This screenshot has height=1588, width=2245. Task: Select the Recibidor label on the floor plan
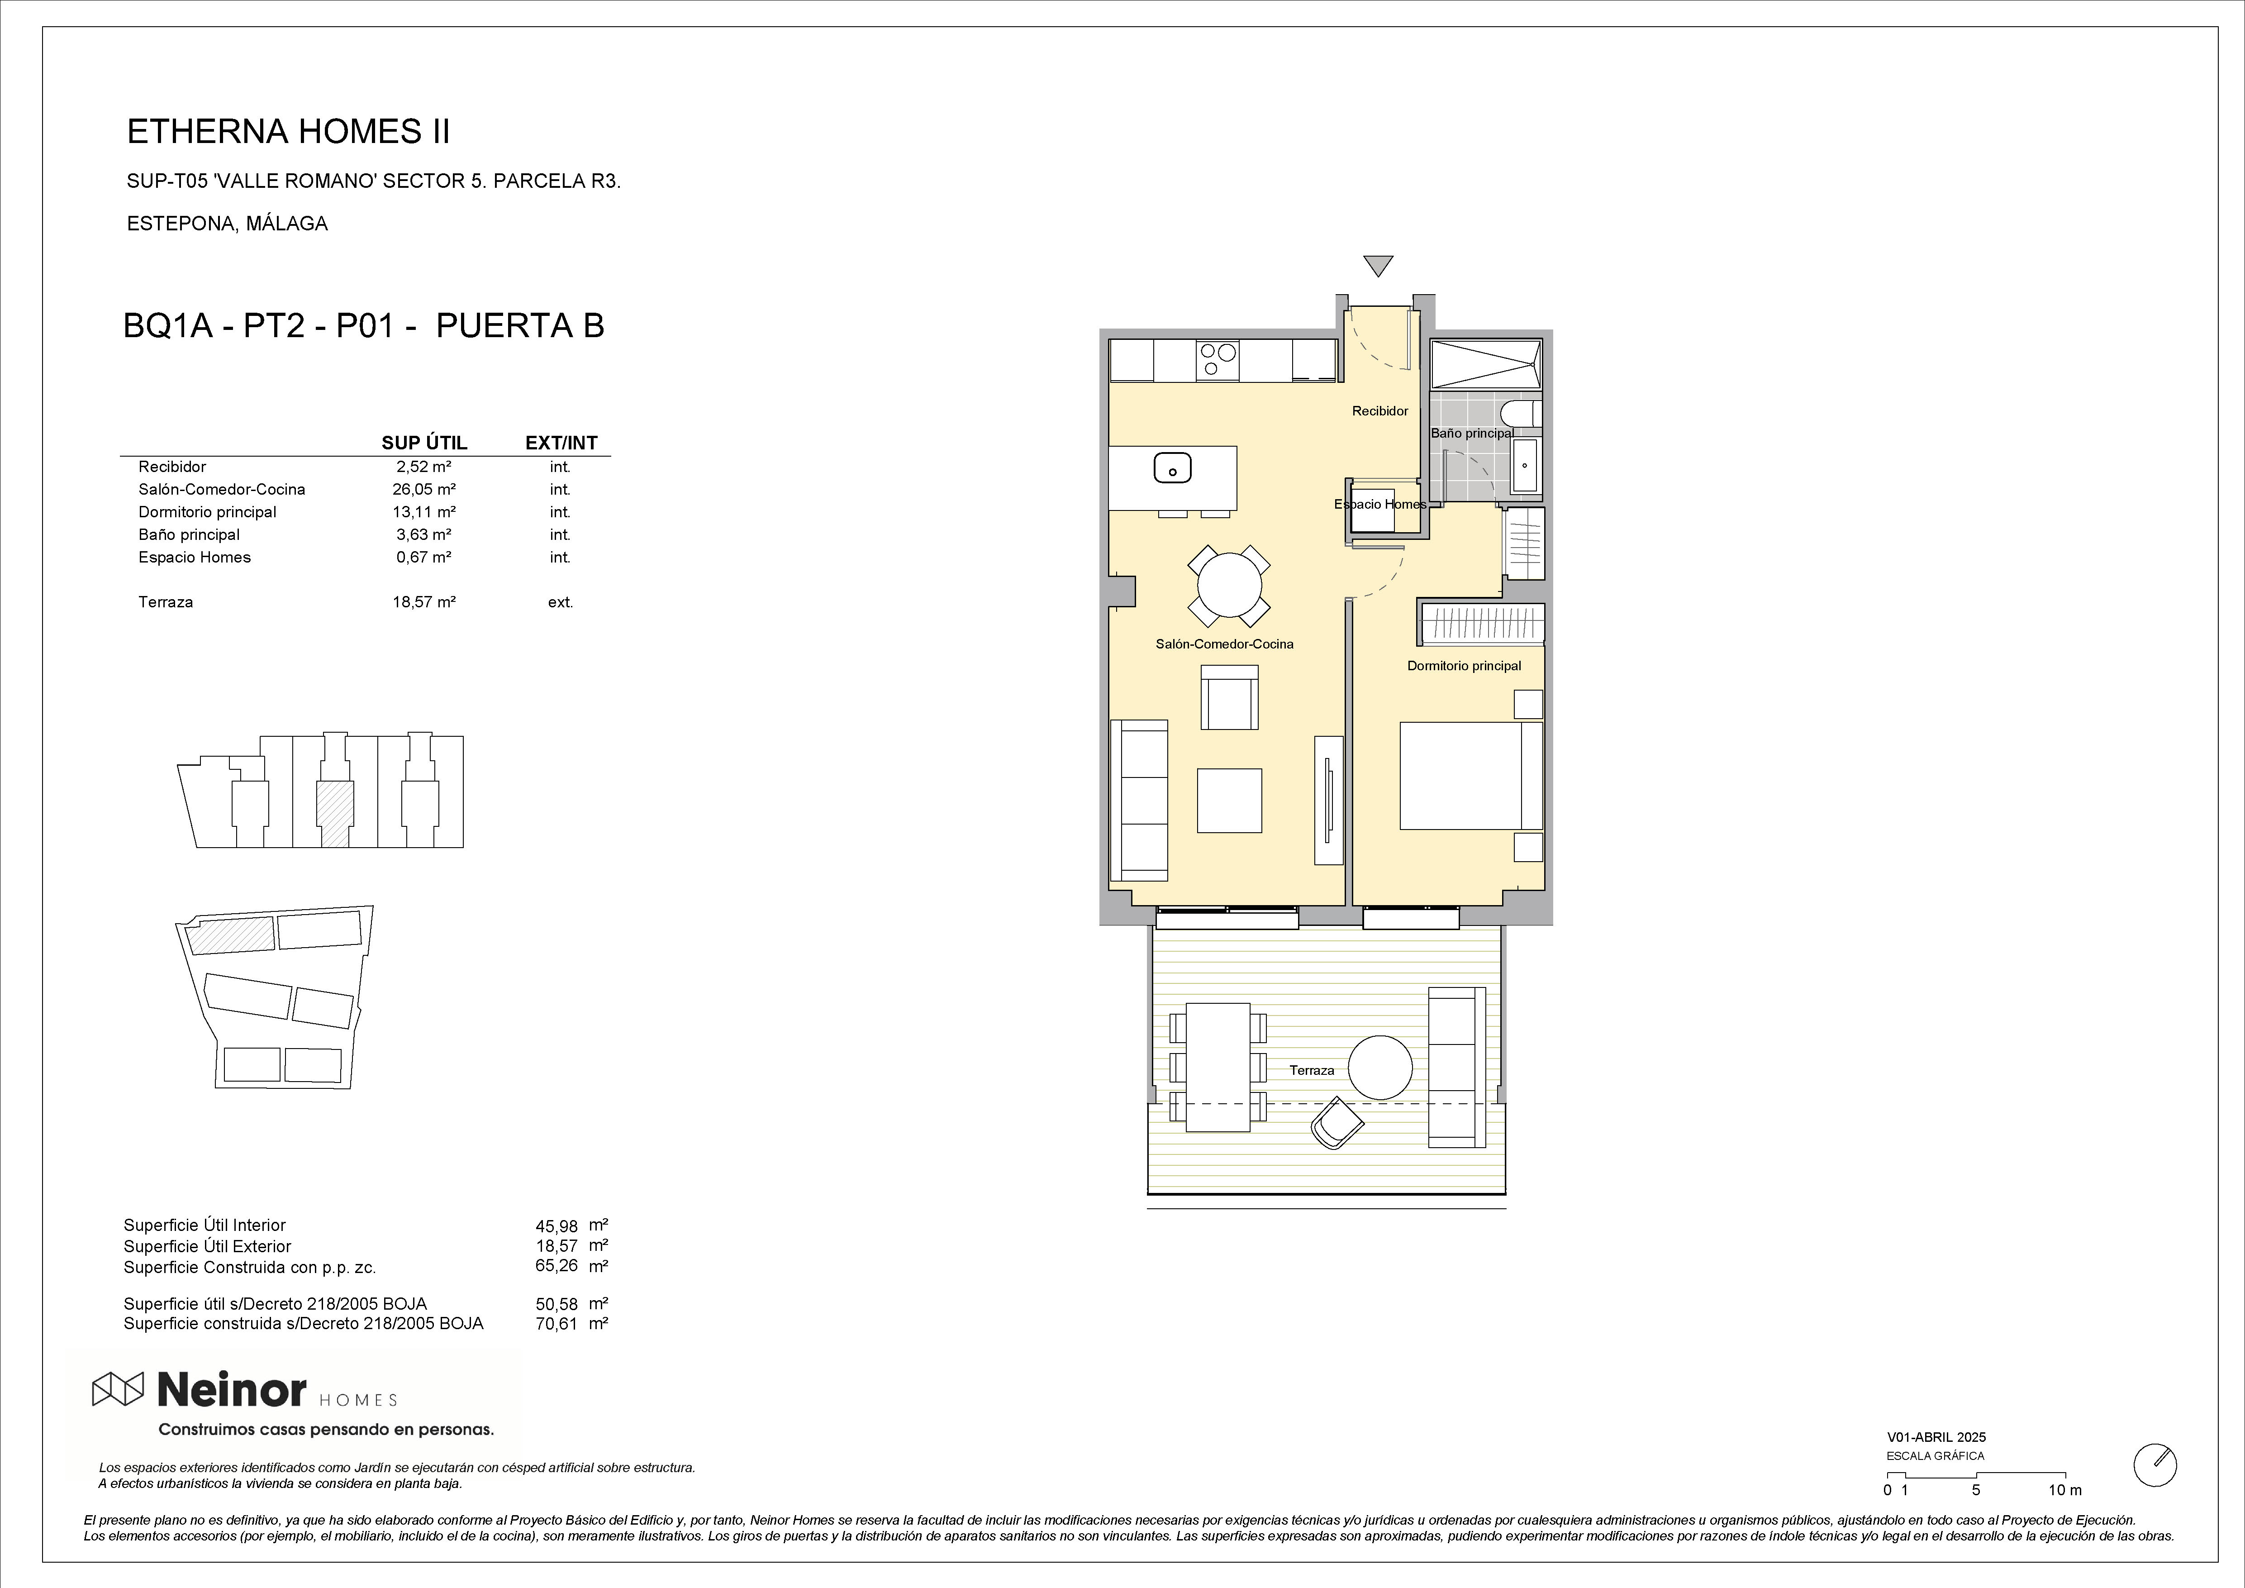(x=1379, y=411)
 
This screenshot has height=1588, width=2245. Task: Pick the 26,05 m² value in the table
(x=424, y=489)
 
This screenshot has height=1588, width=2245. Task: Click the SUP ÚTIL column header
(x=424, y=443)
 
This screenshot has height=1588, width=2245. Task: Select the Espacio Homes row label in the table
(x=195, y=558)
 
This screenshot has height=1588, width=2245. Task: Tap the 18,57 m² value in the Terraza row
(x=424, y=601)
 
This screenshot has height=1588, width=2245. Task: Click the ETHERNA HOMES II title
(x=289, y=132)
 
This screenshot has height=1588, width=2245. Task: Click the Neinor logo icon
(x=118, y=1388)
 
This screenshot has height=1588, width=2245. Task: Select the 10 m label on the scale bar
(x=2065, y=1517)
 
